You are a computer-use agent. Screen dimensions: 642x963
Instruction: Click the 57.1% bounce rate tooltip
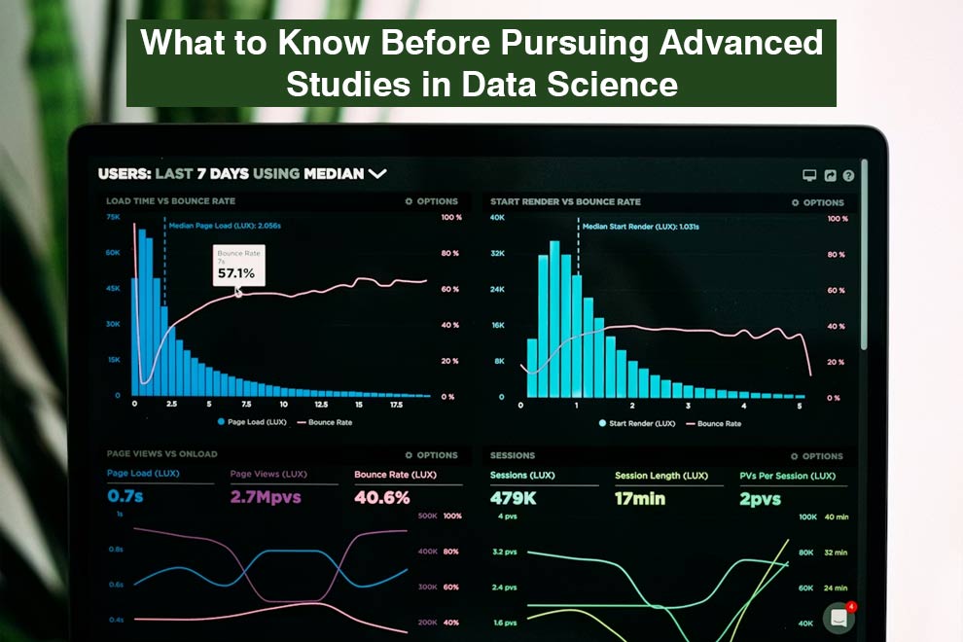(237, 266)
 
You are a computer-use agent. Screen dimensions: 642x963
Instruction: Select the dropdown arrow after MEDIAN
(376, 174)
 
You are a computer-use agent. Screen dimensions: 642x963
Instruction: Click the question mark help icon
(848, 176)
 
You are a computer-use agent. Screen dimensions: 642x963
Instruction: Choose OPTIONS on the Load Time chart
(432, 201)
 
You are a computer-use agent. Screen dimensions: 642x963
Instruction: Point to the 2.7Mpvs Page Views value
(266, 497)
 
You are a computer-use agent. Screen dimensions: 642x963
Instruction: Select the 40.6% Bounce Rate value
(381, 497)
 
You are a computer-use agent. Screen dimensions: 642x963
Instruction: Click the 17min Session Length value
(639, 498)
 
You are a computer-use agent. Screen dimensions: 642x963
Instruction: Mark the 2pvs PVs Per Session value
(760, 498)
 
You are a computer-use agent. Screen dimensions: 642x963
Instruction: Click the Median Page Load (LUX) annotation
(225, 225)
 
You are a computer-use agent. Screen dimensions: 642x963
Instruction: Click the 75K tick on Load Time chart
(113, 217)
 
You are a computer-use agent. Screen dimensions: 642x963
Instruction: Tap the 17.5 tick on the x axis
(396, 404)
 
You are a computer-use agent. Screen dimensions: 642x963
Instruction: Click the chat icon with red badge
(838, 618)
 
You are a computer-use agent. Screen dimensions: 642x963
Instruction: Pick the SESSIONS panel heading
(513, 454)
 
